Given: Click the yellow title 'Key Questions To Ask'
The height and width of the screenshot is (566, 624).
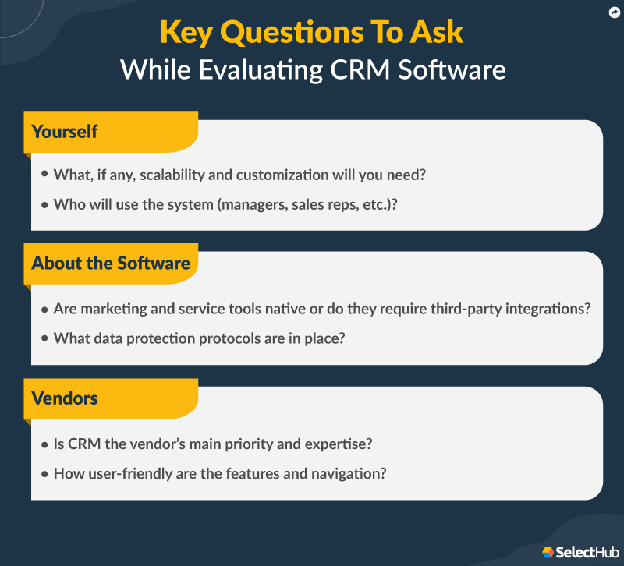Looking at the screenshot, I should pyautogui.click(x=312, y=32).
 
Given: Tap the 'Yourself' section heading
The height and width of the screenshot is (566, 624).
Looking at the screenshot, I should pyautogui.click(x=65, y=131).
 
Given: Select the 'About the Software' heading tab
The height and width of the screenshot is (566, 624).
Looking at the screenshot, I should pyautogui.click(x=111, y=263).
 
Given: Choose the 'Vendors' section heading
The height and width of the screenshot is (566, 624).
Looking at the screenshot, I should pyautogui.click(x=65, y=398).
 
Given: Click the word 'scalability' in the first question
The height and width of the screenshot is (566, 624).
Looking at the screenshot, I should pyautogui.click(x=171, y=175).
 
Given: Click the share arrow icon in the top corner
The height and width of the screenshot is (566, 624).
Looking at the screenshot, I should pyautogui.click(x=612, y=12).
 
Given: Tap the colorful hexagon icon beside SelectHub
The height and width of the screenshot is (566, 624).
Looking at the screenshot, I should pyautogui.click(x=549, y=552).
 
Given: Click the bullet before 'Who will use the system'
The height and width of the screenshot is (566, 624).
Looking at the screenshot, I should pyautogui.click(x=44, y=204).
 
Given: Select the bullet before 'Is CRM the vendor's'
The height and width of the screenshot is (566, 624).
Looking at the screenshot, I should pyautogui.click(x=44, y=444).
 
